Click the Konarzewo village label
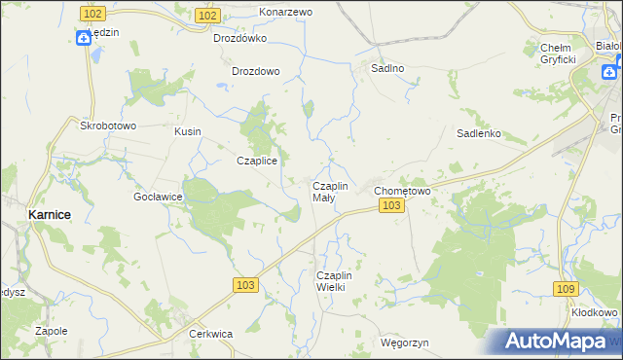click(285, 12)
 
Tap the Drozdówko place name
click(239, 39)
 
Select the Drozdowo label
click(256, 71)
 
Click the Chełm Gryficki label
click(559, 54)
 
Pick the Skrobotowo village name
click(108, 126)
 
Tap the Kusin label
click(187, 130)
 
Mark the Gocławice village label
click(159, 196)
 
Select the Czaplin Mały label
click(329, 191)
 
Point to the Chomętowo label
click(403, 191)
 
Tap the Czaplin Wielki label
click(339, 281)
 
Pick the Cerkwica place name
click(210, 334)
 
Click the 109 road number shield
click(567, 289)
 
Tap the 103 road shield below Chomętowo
click(391, 206)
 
